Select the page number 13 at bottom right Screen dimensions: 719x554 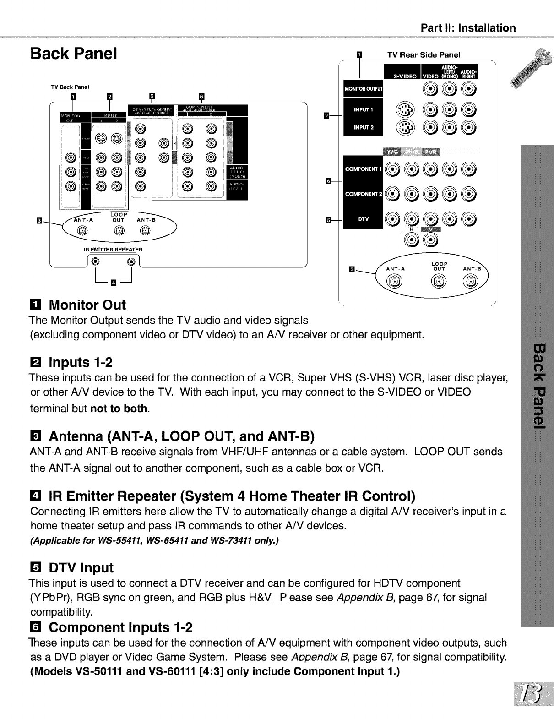[x=533, y=697]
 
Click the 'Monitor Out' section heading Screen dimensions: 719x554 [x=87, y=305]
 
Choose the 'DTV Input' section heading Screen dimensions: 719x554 [x=81, y=568]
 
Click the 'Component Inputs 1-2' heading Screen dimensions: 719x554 [x=121, y=626]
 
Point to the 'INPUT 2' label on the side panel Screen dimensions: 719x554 [x=364, y=127]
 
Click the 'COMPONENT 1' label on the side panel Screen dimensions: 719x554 [x=364, y=169]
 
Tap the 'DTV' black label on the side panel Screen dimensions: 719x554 [x=364, y=219]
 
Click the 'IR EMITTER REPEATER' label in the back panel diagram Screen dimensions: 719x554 [x=113, y=250]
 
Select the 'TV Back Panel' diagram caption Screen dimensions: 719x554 [x=70, y=87]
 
